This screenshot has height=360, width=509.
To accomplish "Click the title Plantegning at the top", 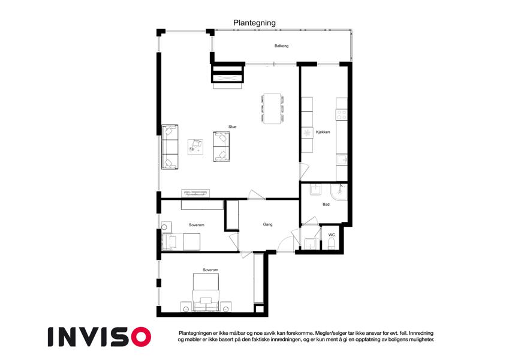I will point(254,23).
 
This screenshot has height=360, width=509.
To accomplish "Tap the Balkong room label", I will point(282,46).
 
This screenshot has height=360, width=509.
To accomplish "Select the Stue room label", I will point(232,127).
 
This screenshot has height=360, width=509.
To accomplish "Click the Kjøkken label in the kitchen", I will point(323,132).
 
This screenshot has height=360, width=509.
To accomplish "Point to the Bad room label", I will point(326,205).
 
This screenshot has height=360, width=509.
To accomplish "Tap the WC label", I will point(332,235).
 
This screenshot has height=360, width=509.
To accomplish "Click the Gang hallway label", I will point(267,224).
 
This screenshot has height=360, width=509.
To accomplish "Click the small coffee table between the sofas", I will point(195,146).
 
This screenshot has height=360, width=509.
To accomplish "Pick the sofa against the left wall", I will point(170,147).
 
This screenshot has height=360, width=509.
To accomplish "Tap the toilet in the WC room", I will point(332,243).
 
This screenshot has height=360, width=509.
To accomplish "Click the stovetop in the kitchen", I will point(341,112).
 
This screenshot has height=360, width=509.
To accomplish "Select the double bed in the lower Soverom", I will point(206,292).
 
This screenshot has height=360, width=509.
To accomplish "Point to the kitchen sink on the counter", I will point(342,160).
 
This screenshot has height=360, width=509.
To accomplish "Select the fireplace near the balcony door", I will point(227,75).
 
